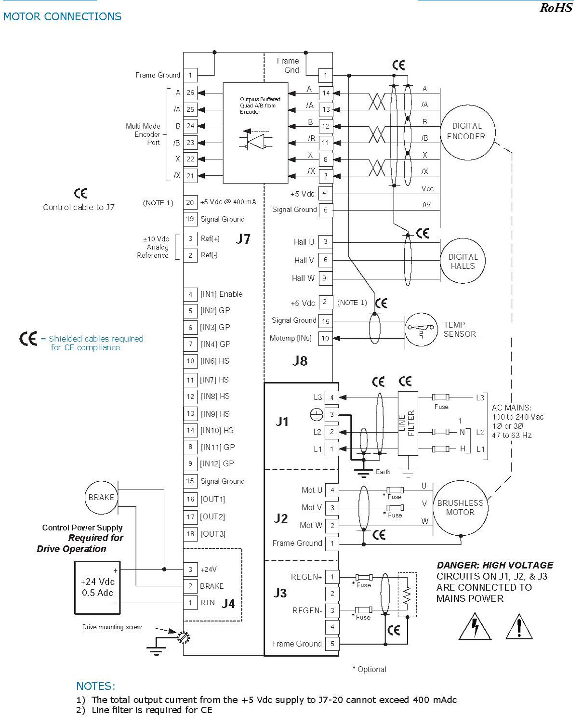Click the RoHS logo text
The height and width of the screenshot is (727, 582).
556,7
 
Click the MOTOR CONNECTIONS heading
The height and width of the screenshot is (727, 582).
62,16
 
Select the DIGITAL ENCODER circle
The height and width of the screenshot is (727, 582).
467,132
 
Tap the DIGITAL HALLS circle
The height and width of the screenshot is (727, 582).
463,261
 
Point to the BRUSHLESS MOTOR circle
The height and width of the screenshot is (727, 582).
461,508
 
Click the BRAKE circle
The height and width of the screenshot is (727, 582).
101,498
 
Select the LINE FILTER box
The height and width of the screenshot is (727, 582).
408,423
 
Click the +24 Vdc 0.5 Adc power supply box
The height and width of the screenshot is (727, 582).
97,587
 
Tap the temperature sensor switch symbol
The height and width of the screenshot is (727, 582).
421,330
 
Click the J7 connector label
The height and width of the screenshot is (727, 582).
243,239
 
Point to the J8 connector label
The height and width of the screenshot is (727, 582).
300,361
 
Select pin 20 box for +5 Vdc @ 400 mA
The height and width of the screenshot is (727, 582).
190,202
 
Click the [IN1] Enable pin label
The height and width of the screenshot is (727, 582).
221,294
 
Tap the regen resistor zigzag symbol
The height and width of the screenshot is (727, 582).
408,595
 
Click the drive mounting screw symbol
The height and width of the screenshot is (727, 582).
184,637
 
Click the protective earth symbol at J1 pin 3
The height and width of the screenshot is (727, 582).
316,414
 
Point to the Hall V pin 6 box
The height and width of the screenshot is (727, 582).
326,260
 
